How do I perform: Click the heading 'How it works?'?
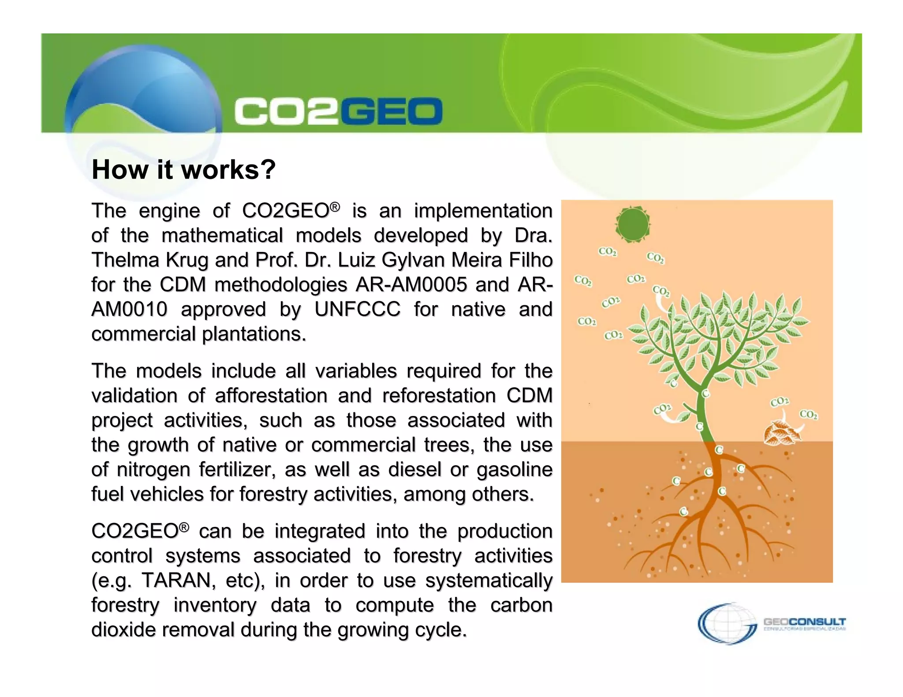(x=183, y=170)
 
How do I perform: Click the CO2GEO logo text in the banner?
(x=338, y=111)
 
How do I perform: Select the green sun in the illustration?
(x=633, y=224)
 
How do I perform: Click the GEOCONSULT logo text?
(x=804, y=622)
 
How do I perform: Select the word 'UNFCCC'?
(x=357, y=309)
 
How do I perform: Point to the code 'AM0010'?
(x=129, y=309)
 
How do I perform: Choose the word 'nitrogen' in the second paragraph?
(x=153, y=470)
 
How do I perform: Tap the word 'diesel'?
(x=414, y=470)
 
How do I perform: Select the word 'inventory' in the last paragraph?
(x=215, y=605)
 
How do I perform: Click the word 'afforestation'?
(x=271, y=396)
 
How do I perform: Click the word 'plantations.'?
(x=254, y=334)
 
